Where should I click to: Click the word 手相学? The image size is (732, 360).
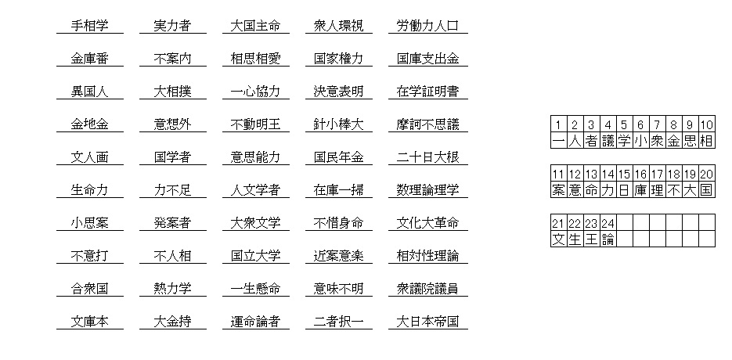(x=90, y=26)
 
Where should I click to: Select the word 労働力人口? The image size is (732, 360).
(x=427, y=26)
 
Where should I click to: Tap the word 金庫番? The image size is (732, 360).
(x=90, y=59)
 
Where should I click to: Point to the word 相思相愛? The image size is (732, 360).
(x=255, y=59)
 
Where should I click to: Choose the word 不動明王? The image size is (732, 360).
(x=255, y=124)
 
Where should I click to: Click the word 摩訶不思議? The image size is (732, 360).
(x=427, y=124)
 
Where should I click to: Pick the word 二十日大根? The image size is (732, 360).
(x=427, y=157)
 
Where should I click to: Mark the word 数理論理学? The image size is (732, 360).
(x=427, y=190)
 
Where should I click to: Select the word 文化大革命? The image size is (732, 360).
(x=427, y=223)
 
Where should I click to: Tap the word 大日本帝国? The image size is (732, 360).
(x=427, y=322)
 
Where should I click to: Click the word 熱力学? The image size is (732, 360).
(x=172, y=289)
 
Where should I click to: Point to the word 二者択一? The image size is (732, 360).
(x=338, y=322)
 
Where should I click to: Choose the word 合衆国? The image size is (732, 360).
(x=90, y=289)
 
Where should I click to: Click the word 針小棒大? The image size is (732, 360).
(x=338, y=124)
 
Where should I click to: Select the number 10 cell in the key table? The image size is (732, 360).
(x=706, y=124)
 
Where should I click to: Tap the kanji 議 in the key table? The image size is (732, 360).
(x=608, y=141)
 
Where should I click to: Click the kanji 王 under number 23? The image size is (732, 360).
(x=591, y=239)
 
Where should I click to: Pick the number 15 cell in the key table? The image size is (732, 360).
(x=624, y=174)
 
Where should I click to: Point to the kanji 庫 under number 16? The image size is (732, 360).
(x=640, y=190)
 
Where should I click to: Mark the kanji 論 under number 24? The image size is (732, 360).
(x=608, y=239)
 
